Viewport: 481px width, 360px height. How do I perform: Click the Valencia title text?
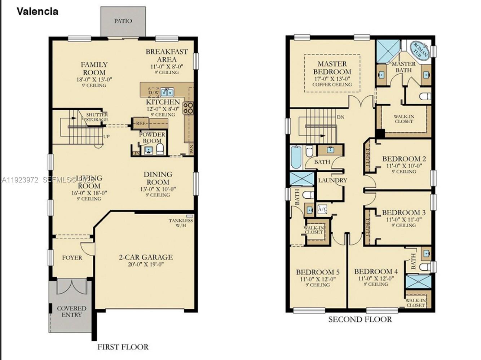click(x=37, y=12)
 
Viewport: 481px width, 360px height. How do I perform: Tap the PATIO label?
click(x=123, y=21)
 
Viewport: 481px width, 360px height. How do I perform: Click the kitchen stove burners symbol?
click(x=188, y=108)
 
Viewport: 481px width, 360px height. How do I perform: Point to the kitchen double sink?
click(x=167, y=92)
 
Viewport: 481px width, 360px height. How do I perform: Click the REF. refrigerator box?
click(x=141, y=123)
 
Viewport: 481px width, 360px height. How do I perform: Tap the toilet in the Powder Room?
click(x=160, y=149)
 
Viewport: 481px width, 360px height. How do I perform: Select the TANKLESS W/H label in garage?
click(x=181, y=223)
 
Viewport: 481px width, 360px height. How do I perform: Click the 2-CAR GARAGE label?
click(x=146, y=257)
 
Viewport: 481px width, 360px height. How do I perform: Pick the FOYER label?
click(x=72, y=258)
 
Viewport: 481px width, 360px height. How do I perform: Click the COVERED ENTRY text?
click(x=71, y=311)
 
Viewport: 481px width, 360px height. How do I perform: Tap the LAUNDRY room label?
click(x=332, y=180)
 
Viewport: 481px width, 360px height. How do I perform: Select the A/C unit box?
click(x=322, y=209)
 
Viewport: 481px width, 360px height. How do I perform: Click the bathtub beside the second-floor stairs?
click(x=296, y=157)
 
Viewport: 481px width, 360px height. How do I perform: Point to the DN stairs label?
click(x=340, y=117)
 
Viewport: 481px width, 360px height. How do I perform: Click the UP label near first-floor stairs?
click(x=106, y=136)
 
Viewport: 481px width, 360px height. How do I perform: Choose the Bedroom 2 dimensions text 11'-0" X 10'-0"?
click(x=404, y=166)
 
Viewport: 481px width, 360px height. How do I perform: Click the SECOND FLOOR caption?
click(x=360, y=319)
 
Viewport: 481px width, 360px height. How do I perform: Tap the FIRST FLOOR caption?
click(x=123, y=347)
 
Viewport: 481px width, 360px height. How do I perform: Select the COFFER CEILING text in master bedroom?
click(x=332, y=84)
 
